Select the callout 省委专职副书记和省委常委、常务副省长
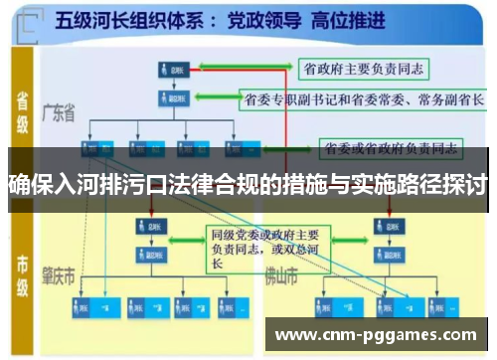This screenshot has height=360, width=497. click(364, 100)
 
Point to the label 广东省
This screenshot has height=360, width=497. click(59, 113)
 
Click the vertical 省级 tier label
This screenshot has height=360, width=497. click(23, 108)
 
